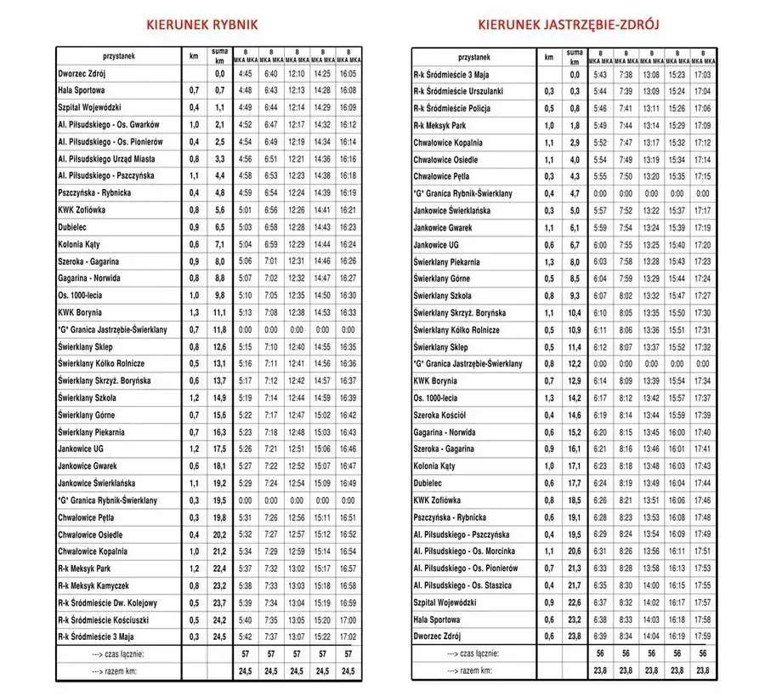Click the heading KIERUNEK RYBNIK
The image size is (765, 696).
(x=202, y=25)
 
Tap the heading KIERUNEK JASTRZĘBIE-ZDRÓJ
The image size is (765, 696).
(x=569, y=25)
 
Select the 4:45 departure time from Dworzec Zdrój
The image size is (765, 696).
(x=246, y=74)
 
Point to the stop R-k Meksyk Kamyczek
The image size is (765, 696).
(x=93, y=585)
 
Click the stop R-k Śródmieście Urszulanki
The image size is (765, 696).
(x=458, y=91)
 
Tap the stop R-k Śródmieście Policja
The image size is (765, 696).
(x=452, y=108)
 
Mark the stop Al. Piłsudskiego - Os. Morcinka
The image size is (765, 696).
(x=467, y=551)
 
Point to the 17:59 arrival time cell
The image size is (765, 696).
(x=703, y=636)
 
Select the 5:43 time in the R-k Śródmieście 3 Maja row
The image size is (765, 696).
(x=600, y=74)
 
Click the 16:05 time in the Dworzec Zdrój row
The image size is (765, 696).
(x=348, y=74)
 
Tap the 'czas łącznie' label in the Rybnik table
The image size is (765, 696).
(x=117, y=653)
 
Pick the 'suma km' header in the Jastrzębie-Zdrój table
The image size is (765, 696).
(x=575, y=57)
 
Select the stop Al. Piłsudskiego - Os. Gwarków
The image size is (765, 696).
(x=108, y=125)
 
